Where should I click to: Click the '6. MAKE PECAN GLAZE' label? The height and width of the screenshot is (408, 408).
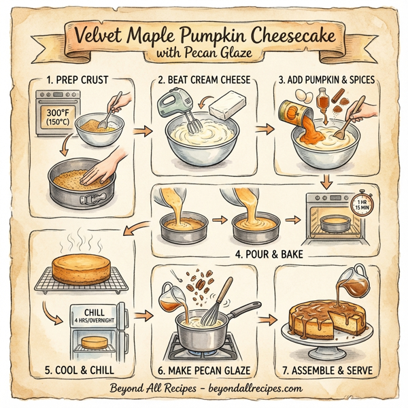tap(205, 371)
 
